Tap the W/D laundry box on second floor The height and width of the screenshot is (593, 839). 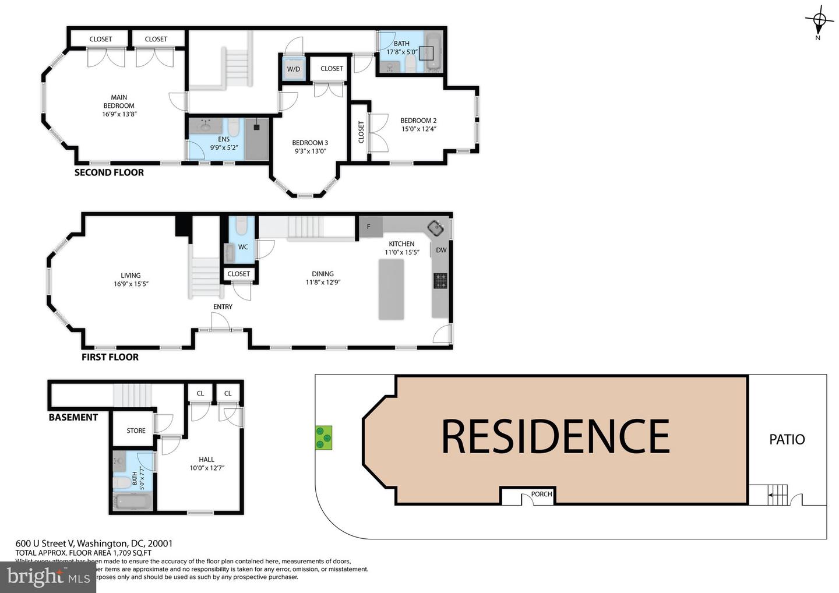(x=293, y=69)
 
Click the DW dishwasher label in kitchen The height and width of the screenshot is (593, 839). (x=441, y=250)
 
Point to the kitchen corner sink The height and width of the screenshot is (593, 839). (x=436, y=227)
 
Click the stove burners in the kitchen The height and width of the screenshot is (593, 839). (x=440, y=281)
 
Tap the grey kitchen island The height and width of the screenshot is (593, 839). (x=391, y=290)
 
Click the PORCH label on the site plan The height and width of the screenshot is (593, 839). (x=541, y=494)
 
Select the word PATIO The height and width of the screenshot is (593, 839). (x=787, y=439)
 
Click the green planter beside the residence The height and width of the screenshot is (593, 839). (x=323, y=437)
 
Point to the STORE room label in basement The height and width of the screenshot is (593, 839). (x=136, y=430)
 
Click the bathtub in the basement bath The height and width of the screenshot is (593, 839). (x=132, y=501)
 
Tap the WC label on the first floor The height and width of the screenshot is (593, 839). (x=243, y=247)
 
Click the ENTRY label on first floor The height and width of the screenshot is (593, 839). (x=223, y=306)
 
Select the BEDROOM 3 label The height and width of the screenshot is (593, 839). (x=309, y=143)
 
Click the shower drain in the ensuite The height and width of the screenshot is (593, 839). (x=256, y=125)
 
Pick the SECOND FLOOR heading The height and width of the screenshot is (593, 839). (x=109, y=172)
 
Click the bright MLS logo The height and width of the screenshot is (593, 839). (x=48, y=577)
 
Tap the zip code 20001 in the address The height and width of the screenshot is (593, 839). (x=161, y=543)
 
